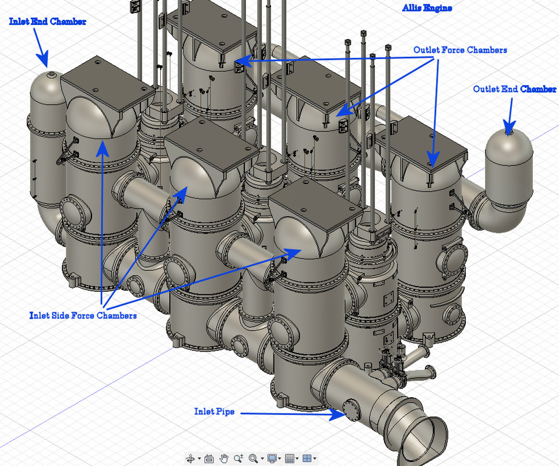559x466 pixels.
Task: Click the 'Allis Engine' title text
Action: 427,8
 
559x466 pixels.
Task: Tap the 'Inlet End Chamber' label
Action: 47,22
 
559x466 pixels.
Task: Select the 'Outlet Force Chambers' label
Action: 460,50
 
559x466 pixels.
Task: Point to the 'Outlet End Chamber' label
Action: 515,89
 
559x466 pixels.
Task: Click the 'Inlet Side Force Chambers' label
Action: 83,315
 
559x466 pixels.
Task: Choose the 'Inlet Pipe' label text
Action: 215,411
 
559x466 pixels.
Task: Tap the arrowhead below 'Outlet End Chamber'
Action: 509,128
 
